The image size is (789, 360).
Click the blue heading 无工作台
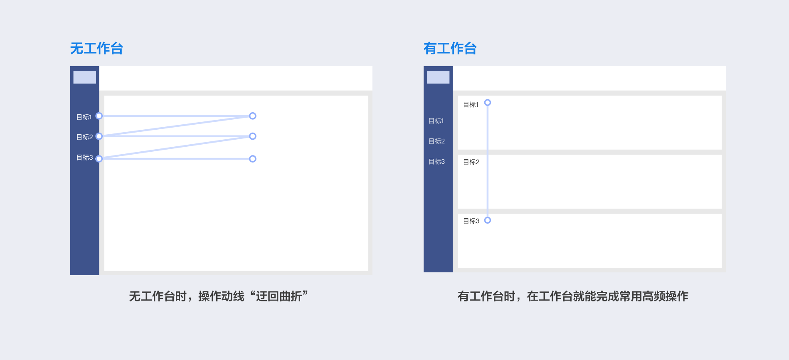(x=96, y=49)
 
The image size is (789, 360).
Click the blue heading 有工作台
(x=450, y=49)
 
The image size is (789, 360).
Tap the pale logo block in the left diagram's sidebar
(x=85, y=77)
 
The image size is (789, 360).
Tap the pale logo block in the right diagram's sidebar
(x=438, y=77)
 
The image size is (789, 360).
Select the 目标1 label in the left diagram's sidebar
(x=84, y=117)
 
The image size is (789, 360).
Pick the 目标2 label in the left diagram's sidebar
(x=84, y=137)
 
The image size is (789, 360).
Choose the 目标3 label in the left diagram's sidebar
(x=84, y=158)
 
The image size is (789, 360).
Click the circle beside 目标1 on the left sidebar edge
(x=99, y=116)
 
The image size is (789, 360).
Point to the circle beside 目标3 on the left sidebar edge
(x=99, y=159)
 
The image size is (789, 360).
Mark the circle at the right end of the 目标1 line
(x=253, y=116)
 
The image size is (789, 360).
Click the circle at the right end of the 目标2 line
(x=253, y=136)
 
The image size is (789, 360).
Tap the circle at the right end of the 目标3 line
(x=253, y=159)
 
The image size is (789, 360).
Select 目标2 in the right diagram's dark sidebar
(x=436, y=141)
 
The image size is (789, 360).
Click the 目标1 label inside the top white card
(x=471, y=105)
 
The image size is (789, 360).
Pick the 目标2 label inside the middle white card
(x=471, y=162)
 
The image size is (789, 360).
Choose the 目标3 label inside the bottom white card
(x=471, y=221)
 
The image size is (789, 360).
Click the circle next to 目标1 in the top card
(x=488, y=103)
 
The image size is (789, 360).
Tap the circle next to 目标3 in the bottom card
(x=488, y=220)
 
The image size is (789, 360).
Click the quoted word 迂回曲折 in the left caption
(x=279, y=296)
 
